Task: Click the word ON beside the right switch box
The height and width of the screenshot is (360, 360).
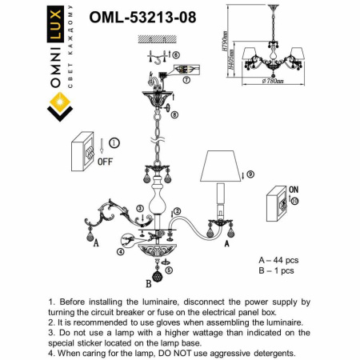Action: pyautogui.click(x=294, y=189)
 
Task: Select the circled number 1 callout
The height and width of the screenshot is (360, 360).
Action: pyautogui.click(x=114, y=143)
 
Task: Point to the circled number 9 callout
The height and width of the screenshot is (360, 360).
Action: pyautogui.click(x=250, y=174)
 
